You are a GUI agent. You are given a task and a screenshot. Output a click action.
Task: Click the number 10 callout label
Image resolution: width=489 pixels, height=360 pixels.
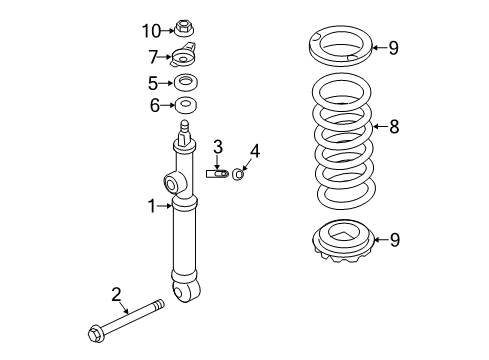point(150,30)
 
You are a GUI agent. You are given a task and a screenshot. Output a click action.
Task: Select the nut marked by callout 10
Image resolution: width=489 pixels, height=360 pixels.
point(185,29)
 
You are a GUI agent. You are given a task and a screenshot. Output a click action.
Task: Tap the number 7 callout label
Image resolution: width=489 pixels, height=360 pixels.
point(152,56)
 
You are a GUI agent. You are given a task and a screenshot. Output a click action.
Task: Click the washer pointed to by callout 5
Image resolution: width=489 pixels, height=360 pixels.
point(185,82)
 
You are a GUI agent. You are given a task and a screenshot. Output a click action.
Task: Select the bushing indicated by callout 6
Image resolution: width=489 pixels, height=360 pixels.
point(185,104)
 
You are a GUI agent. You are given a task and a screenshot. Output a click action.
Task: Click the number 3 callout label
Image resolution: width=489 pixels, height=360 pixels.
point(217,149)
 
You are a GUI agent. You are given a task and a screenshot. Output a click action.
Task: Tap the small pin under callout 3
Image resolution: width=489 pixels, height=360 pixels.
point(219,174)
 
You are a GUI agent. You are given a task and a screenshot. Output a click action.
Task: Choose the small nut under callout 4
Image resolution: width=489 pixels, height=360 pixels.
point(240,175)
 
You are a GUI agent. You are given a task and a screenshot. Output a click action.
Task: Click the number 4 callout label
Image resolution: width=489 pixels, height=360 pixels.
point(254,152)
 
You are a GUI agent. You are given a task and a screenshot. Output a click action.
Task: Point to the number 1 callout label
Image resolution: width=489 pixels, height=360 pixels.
point(152,206)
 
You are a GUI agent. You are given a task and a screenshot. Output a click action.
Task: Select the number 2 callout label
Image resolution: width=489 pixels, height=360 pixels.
point(116,293)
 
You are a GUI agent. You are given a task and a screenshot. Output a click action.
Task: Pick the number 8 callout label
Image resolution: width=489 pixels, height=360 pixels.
point(393,126)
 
